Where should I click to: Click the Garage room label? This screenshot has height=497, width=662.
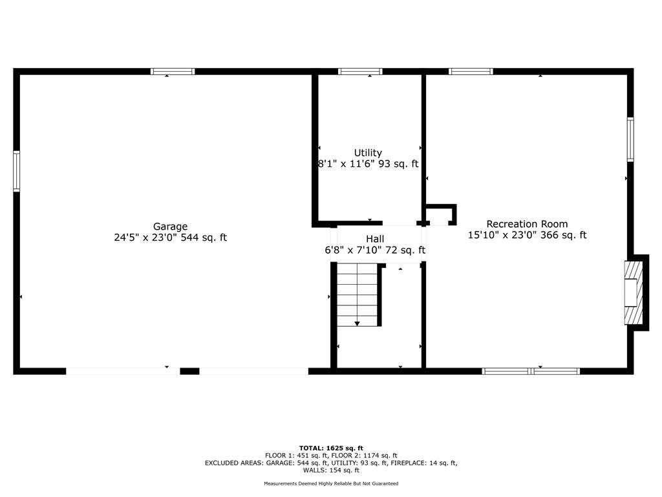170,226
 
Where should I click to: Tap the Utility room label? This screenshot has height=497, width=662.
368,153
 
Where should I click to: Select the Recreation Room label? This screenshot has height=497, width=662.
527,224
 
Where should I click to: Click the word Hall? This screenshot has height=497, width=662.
375,239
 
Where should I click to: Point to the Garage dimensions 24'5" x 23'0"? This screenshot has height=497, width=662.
146,237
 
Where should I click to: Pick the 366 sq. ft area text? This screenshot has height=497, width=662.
563,235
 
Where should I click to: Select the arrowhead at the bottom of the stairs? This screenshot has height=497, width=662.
357,324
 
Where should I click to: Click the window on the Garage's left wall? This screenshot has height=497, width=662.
16,171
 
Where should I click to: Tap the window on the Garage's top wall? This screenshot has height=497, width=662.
173,71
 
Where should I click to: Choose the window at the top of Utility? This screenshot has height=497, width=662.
360,71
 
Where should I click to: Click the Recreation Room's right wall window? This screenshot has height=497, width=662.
630,140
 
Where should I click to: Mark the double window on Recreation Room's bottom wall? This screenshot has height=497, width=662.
531,371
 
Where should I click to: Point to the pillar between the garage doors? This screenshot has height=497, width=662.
189,371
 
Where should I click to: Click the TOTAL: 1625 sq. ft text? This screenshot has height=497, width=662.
331,448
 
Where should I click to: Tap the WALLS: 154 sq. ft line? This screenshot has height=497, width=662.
331,470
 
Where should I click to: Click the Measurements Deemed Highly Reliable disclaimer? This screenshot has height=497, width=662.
331,483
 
